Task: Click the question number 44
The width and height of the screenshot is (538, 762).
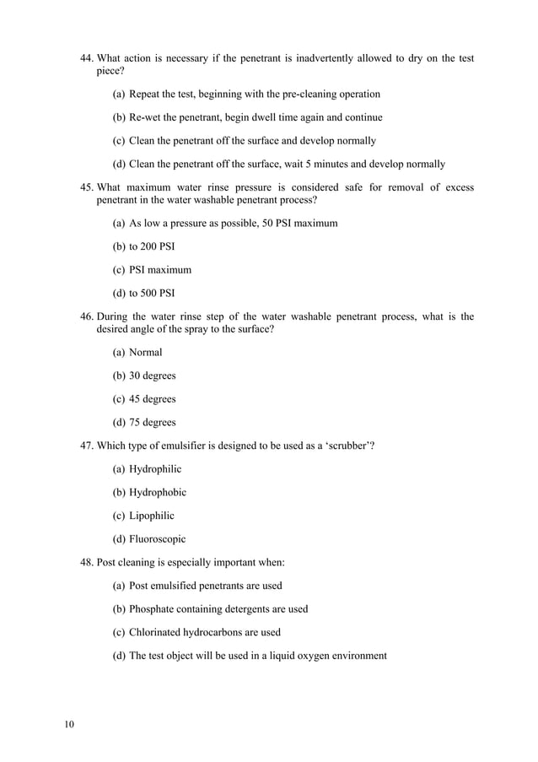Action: pos(86,58)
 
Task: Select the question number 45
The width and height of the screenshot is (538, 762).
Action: pos(86,187)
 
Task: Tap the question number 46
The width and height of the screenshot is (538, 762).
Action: pos(86,316)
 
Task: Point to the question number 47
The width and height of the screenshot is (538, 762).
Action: pos(86,446)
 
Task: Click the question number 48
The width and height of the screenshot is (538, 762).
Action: pos(86,562)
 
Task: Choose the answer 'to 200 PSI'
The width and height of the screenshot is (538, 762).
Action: pos(152,246)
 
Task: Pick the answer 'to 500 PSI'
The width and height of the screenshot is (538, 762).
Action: pos(152,294)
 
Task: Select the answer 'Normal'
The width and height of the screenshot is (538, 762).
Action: pos(145,352)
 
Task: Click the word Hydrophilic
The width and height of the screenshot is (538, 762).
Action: pos(155,469)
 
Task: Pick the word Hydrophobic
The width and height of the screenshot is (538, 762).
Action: pos(158,492)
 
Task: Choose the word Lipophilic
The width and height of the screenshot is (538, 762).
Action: pos(152,516)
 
